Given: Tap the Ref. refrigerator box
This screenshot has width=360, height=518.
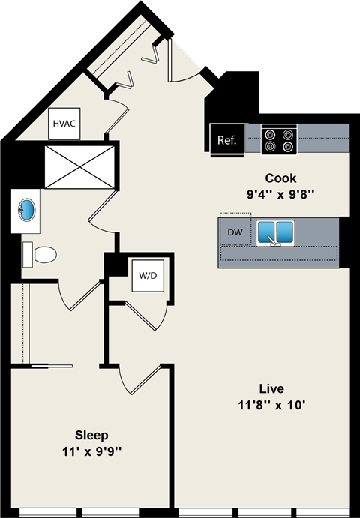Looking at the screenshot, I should point(226,139).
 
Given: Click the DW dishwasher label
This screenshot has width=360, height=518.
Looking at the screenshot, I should point(235,232).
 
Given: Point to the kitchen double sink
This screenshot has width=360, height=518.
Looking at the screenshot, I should point(274,233).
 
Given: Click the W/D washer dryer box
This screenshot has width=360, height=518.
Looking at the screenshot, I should point(147,275).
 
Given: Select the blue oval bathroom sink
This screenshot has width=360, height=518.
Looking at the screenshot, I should point(28,208).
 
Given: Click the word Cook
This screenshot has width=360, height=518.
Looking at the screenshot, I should point(280,178).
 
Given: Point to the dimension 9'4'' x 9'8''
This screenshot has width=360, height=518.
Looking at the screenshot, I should point(280,194).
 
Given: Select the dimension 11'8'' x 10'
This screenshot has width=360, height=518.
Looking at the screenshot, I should point(271,406).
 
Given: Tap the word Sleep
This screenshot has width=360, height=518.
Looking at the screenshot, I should point(91,435).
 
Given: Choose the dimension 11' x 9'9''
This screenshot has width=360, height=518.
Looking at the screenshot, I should point(91,451).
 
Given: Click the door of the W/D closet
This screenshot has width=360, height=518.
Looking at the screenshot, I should point(146,315).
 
